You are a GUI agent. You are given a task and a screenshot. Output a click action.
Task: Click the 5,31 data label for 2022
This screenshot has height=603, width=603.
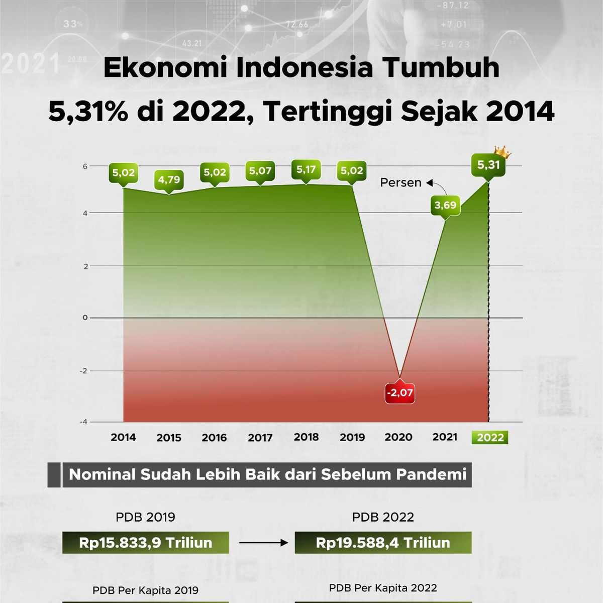[x=488, y=165]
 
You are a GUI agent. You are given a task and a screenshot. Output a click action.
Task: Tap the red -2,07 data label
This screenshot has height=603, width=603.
[x=399, y=392]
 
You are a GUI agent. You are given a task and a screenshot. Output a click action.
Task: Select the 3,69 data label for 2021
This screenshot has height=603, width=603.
[x=445, y=206]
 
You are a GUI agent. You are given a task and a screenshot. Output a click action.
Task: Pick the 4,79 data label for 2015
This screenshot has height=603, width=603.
[x=169, y=179]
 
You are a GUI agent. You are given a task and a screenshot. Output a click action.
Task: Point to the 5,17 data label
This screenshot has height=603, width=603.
[x=306, y=170]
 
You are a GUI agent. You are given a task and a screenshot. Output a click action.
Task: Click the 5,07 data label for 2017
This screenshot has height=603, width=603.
[x=260, y=171]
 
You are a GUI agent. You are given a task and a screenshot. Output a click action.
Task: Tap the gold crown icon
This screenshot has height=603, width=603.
[x=502, y=152]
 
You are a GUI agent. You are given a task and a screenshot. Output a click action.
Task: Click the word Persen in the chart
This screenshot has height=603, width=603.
[x=400, y=183]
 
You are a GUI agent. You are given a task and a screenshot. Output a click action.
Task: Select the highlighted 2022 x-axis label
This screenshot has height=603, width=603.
[x=490, y=437]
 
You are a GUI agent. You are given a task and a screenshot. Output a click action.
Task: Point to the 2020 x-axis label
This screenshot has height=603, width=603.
[x=398, y=437]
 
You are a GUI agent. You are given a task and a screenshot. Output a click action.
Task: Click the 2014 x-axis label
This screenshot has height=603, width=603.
[x=123, y=437]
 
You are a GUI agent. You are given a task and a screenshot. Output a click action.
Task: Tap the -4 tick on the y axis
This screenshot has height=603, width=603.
[x=83, y=422]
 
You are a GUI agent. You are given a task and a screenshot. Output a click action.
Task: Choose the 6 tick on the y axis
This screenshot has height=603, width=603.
[x=85, y=166]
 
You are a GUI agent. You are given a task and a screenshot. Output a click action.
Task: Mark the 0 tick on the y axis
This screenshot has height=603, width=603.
[x=85, y=318]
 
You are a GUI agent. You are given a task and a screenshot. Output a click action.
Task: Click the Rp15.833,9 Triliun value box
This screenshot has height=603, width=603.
[x=146, y=543]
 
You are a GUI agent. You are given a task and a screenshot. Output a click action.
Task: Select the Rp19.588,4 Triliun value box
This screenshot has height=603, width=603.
[x=383, y=543]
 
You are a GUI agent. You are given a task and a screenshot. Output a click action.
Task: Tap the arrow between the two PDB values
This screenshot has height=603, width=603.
[x=263, y=543]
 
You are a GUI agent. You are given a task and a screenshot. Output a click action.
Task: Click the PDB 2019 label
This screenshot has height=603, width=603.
[x=146, y=517]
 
